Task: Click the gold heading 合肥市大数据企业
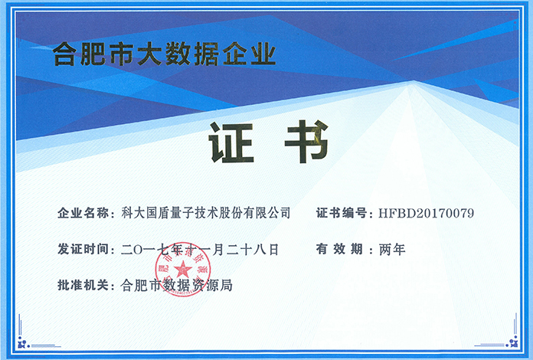(164, 54)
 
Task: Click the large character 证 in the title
(231, 142)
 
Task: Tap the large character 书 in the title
(306, 142)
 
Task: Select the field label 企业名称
(83, 213)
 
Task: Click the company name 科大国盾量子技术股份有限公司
(206, 213)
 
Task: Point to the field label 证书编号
(342, 213)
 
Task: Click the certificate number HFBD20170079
(427, 214)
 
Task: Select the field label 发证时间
(83, 249)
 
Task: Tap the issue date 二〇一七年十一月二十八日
(200, 250)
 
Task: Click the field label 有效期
(339, 249)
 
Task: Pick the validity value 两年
(392, 250)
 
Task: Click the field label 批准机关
(83, 285)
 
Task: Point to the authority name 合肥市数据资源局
(177, 285)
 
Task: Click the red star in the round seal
(183, 270)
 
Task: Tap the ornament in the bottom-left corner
(23, 342)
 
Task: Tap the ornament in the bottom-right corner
(512, 342)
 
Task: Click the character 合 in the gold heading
(65, 54)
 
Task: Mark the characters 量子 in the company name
(181, 213)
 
